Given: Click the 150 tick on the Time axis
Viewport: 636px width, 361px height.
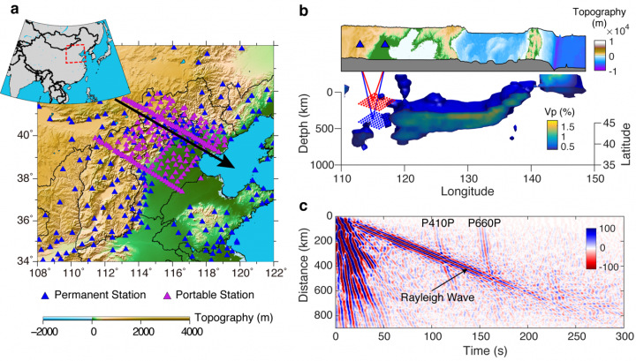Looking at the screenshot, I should click(479, 338).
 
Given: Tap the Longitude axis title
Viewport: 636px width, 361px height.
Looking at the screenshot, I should click(451, 192).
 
